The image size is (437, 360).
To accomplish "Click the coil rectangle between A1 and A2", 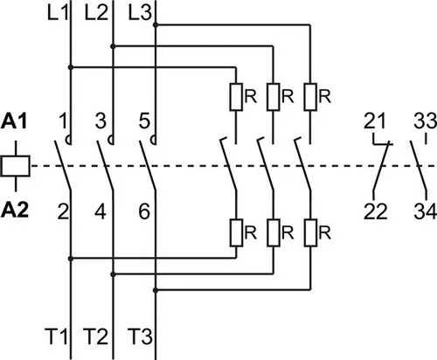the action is coord(16,166).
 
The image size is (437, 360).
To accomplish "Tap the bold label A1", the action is coord(14,121).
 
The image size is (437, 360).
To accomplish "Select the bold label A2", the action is coord(15,211).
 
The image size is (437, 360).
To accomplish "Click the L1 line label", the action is coord(58,13).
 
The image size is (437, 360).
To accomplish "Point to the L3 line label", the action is coord(140,13).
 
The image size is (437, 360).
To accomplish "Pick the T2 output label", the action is coord(95,336).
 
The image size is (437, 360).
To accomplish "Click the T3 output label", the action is coord(140,336).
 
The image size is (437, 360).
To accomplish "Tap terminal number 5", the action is coord(144,121).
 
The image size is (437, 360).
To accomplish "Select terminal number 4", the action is coord(101,211).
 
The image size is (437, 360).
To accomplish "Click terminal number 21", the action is coord(374,121).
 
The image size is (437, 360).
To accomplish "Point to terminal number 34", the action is coord(425,211).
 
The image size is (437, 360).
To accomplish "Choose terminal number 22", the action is coord(376,211).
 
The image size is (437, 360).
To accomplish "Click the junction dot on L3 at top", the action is coord(156,25).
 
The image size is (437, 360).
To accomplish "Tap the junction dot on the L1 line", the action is coord(71,67).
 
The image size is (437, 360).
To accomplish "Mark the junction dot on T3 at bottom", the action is coord(156,290).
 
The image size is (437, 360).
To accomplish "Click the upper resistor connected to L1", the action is coord(236,97).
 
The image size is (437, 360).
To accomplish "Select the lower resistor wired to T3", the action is coord(310,232).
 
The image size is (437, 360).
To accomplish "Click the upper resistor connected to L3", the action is coord(310,97).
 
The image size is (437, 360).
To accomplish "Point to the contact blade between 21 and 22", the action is coord(381,167).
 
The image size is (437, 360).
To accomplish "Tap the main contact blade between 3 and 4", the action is coord(105,166).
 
